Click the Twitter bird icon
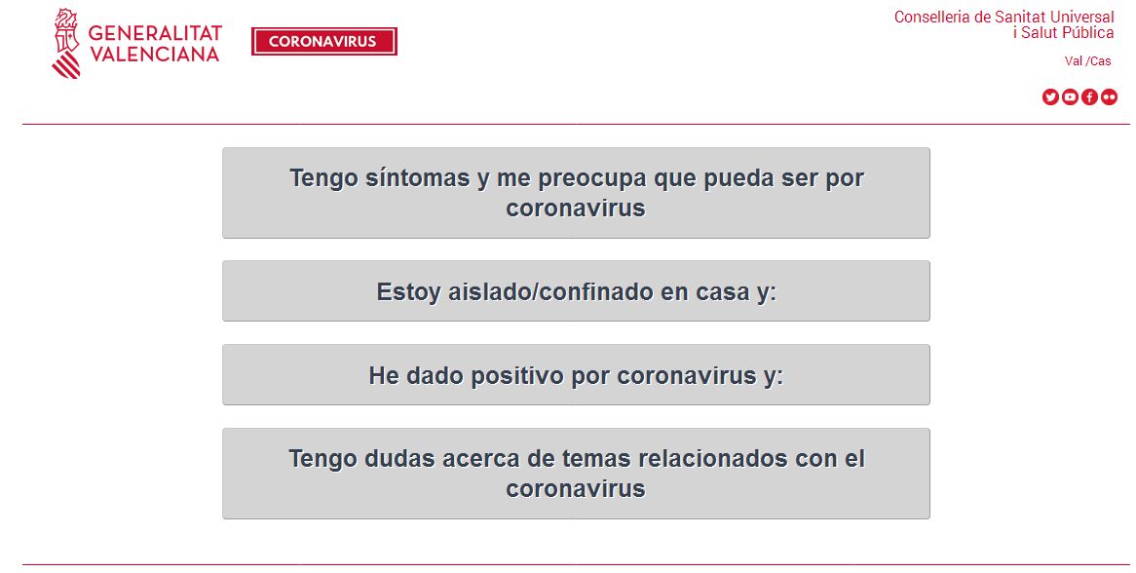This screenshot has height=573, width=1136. coord(1050,96)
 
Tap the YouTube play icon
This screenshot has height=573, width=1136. coord(1070,96)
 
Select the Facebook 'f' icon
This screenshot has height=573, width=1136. coord(1089,96)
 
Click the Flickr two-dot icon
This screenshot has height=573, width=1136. coord(1109,96)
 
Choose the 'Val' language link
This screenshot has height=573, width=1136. coord(1074,61)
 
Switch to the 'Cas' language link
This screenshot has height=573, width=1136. coord(1100,61)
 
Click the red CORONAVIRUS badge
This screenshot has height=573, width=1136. coord(323,42)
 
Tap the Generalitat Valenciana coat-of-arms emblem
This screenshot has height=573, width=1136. coord(65,44)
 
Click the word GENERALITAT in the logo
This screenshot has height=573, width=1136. coord(155,34)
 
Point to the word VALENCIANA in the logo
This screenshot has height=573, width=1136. coord(154,55)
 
